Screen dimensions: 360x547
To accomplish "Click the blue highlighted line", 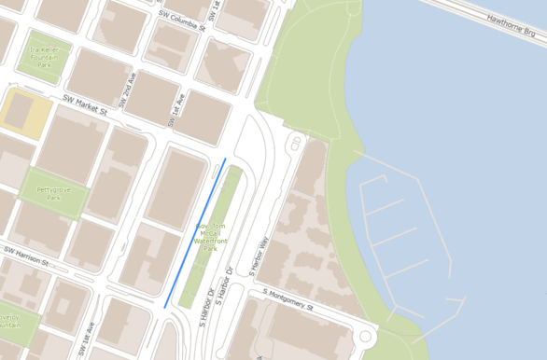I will click(x=195, y=233).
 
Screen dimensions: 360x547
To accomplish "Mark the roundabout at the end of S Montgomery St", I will click(x=366, y=336).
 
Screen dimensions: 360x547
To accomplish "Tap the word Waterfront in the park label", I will click(x=210, y=242).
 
